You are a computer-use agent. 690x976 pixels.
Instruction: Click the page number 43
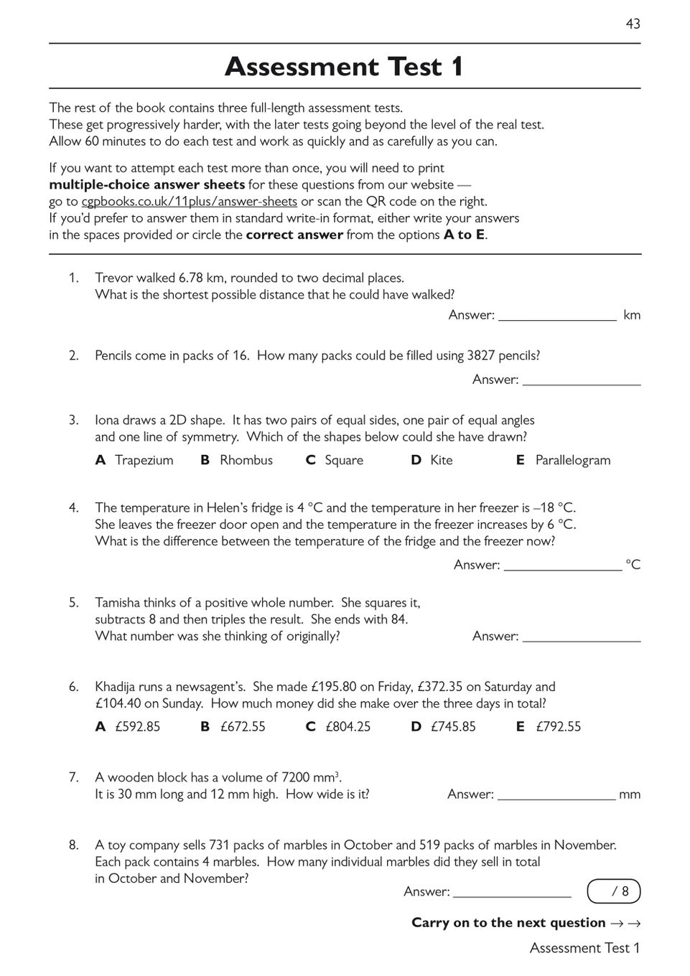633,24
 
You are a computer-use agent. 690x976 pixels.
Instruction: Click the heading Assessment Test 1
345,67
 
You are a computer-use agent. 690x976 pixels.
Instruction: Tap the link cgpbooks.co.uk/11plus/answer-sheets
189,202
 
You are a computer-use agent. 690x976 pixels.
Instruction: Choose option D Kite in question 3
432,460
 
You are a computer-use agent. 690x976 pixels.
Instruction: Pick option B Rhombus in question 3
237,460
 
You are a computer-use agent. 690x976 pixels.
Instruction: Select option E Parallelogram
564,460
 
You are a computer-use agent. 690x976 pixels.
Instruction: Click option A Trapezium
135,460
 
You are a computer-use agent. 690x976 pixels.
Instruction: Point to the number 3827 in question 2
481,355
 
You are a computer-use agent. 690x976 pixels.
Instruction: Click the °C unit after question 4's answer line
633,565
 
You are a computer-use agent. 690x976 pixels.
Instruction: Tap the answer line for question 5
582,637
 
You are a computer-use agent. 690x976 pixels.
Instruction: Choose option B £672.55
233,726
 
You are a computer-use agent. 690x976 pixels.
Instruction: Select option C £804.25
339,726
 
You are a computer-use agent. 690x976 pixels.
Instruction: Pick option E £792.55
549,726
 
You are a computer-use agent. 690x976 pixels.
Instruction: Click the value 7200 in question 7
296,777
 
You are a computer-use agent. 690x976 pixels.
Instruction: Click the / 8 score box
614,891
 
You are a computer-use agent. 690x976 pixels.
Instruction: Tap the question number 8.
74,845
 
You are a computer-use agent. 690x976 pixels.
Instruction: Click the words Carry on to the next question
508,923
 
